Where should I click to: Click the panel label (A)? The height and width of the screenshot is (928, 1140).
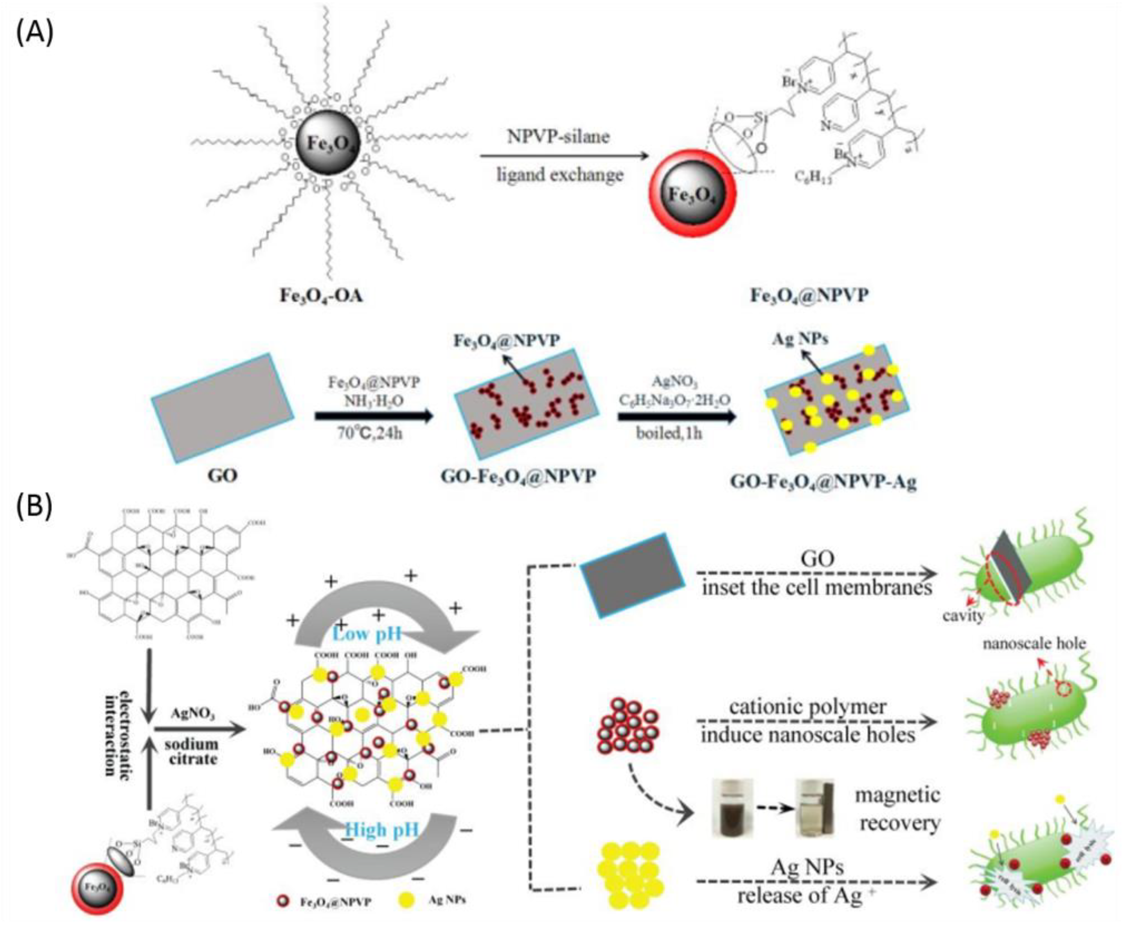coord(35,33)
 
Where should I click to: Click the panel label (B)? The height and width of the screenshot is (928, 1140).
coord(35,506)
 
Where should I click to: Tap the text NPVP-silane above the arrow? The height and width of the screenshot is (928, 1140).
coord(558,136)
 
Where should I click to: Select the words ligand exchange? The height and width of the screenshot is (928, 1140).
coord(560,175)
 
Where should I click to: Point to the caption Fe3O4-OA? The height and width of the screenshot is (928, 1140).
coord(322,296)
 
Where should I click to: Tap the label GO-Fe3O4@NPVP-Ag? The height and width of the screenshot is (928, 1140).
coord(823,482)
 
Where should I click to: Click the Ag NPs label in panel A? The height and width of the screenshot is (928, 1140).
coord(800,339)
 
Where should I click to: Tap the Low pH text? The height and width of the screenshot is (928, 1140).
coord(367,634)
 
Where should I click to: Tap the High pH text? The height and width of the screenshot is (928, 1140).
coord(381,830)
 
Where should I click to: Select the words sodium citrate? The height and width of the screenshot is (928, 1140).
coord(191,751)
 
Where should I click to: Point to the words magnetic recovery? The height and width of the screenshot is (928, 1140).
coord(899,809)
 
